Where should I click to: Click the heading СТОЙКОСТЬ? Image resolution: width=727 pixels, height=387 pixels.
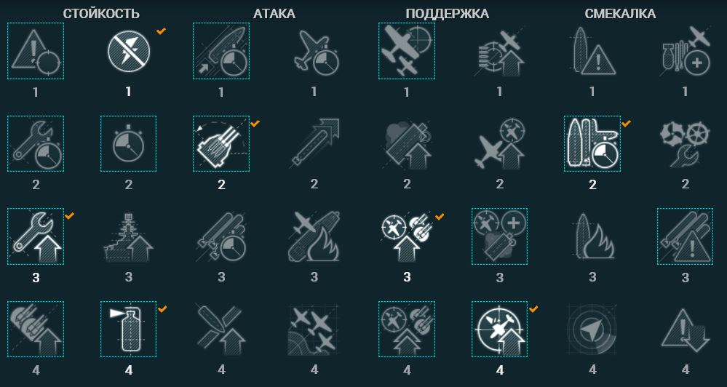tap(101, 14)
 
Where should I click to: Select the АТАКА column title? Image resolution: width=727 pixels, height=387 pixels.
tap(274, 14)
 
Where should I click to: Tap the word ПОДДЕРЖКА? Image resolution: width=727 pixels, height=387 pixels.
tap(447, 14)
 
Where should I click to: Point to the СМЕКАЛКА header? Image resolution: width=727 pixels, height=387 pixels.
tap(620, 14)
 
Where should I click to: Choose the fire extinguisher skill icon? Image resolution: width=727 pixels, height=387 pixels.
tap(128, 329)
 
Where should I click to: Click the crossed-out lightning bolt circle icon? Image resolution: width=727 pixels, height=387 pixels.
tap(128, 51)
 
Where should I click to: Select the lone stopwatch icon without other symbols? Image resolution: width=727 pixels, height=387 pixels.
tap(128, 144)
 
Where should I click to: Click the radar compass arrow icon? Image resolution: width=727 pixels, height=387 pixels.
tap(592, 329)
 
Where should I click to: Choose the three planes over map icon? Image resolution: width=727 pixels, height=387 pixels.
tap(314, 329)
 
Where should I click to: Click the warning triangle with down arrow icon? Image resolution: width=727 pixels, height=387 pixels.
tap(685, 329)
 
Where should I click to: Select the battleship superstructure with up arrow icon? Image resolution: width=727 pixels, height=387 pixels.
tap(128, 236)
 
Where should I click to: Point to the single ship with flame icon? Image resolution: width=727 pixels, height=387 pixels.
tap(592, 236)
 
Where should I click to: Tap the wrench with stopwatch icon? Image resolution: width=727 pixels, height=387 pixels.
tap(36, 144)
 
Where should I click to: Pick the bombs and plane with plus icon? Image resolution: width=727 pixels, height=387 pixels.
tap(685, 51)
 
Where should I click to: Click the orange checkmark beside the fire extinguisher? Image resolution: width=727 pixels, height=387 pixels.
tap(162, 308)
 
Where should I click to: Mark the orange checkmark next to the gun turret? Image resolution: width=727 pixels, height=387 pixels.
tap(255, 123)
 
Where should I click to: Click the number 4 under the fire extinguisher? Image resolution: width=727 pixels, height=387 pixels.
tap(128, 370)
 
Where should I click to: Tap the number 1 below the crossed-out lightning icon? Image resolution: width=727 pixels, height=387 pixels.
tap(128, 92)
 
